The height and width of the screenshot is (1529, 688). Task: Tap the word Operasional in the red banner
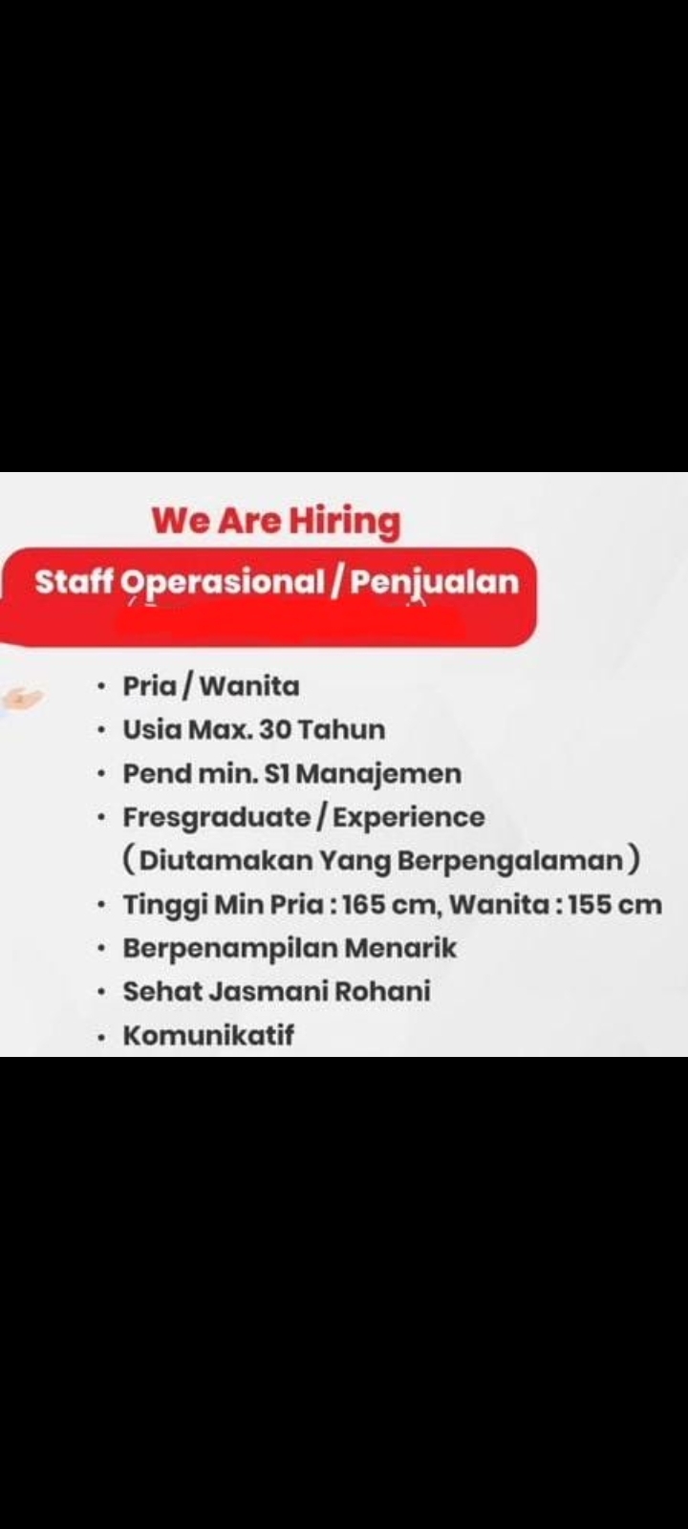click(x=224, y=582)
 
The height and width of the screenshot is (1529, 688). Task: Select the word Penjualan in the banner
click(x=434, y=582)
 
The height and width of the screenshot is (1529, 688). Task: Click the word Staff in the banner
click(x=75, y=582)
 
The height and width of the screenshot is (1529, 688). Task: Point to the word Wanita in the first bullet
click(x=250, y=686)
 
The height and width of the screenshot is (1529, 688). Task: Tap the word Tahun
click(x=342, y=730)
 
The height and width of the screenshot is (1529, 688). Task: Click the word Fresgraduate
click(x=217, y=817)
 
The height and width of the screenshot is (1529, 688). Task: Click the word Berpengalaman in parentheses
click(x=510, y=861)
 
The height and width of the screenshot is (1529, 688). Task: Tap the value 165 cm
click(x=388, y=904)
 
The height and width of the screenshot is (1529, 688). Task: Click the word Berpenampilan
click(x=230, y=948)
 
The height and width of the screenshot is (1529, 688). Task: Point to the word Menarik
click(x=400, y=948)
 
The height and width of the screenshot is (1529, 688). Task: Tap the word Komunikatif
click(x=208, y=1035)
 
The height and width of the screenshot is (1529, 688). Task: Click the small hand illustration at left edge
click(x=21, y=699)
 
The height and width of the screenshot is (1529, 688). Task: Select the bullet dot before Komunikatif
click(x=101, y=1036)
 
